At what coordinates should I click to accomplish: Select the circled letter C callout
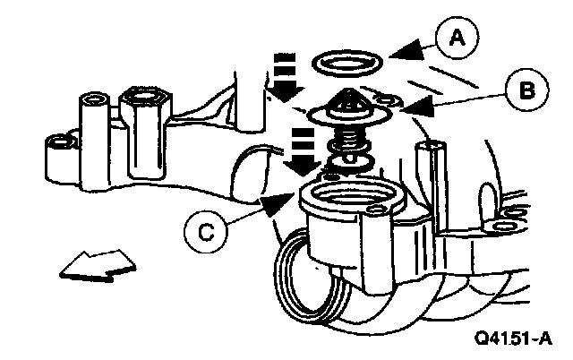point(205,232)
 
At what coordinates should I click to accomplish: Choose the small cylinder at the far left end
point(59,142)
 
